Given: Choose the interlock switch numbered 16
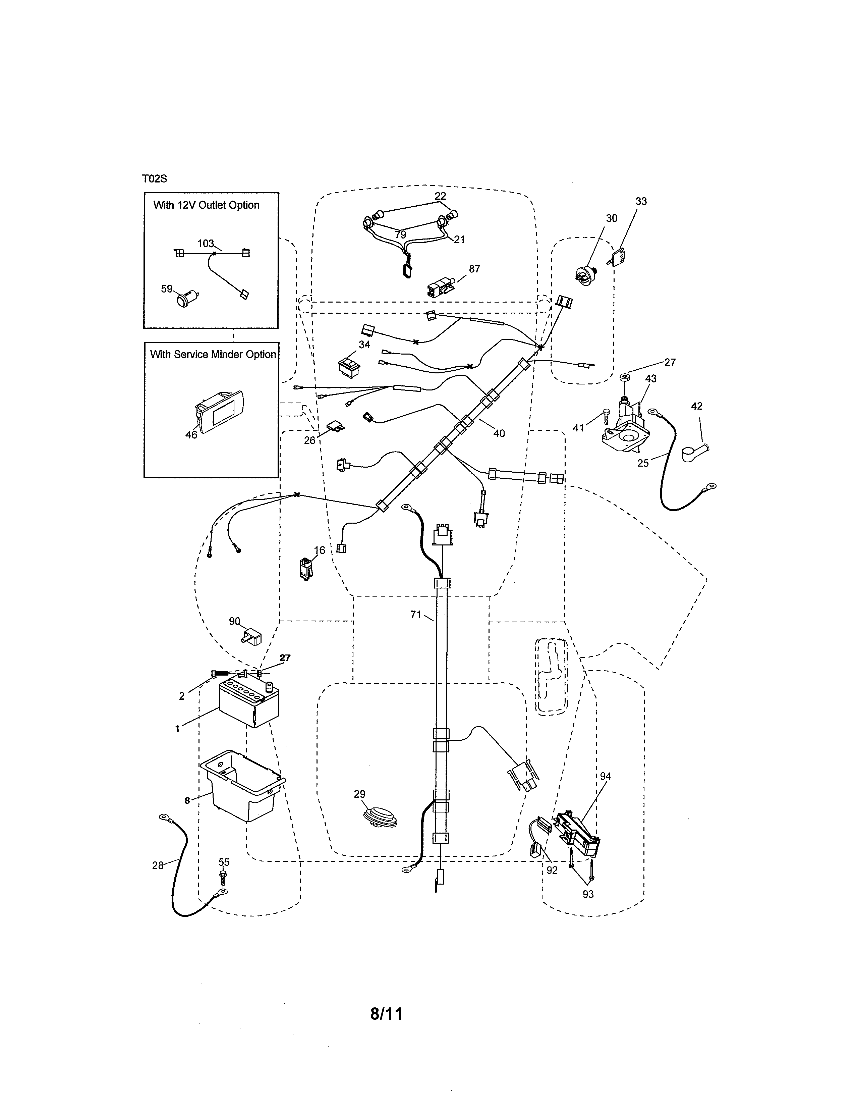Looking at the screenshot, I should coord(306,569).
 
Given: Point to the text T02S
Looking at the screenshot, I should coord(155,179).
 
